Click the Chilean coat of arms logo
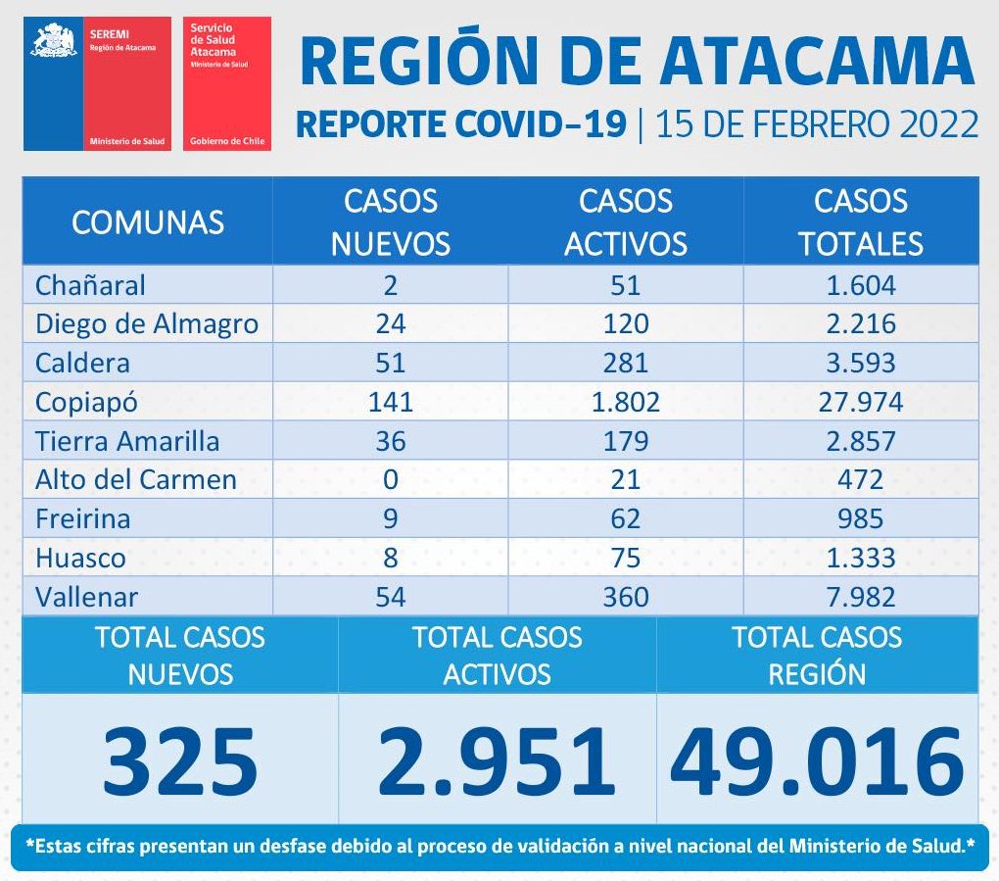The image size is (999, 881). (x=54, y=41)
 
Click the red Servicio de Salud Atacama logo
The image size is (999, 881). (x=227, y=83)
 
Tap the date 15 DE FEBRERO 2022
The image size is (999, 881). (x=817, y=125)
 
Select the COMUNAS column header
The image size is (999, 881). (x=148, y=222)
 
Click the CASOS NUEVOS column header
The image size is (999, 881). (x=390, y=222)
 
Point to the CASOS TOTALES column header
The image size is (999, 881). (x=860, y=222)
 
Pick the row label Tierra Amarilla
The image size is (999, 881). (x=127, y=441)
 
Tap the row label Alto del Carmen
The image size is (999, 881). (x=136, y=479)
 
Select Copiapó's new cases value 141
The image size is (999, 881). (x=390, y=402)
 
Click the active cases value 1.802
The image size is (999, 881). (x=625, y=402)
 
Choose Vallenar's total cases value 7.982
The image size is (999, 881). (x=860, y=596)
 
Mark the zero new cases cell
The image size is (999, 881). (x=390, y=479)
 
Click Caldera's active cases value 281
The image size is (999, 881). (x=625, y=363)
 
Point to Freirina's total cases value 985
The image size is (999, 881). (x=860, y=518)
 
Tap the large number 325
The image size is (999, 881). (x=180, y=761)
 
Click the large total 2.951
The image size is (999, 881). (x=497, y=761)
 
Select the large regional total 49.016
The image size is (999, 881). (x=817, y=761)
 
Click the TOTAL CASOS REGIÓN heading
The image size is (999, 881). (x=817, y=655)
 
